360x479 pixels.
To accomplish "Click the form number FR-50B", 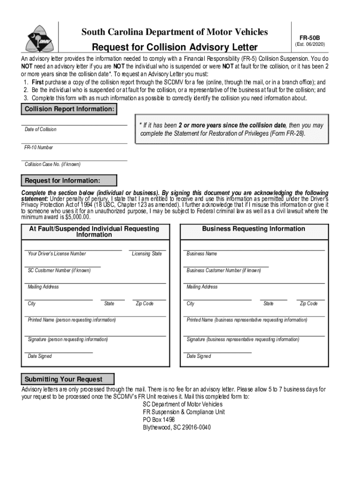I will point(310,36).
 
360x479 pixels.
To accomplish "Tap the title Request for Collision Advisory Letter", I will point(174,47).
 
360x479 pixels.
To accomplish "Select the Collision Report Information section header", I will point(69,109).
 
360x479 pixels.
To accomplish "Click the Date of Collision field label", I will point(41,130).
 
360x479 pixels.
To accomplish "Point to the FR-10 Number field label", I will point(39,147).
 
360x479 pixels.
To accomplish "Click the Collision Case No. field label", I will point(52,165).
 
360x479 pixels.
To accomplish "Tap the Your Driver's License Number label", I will point(57,254).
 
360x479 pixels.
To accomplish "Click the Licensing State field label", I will point(147,254).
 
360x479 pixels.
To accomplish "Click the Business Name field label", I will point(202,254).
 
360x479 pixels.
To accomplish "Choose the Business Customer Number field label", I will point(223,270).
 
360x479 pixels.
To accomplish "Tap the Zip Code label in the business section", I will point(309,304).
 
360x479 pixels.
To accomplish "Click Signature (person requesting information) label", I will point(68,339).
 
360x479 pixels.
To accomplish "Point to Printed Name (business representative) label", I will point(247,320).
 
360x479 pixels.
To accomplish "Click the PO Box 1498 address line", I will point(159,420).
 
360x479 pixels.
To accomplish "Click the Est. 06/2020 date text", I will point(310,44).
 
